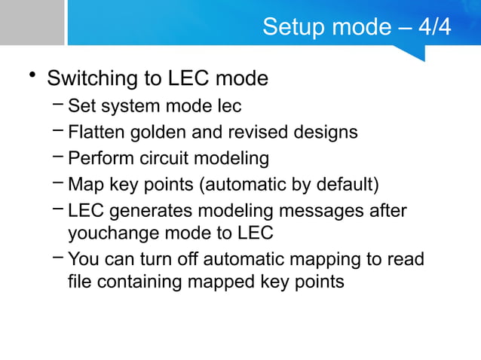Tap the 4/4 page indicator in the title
(x=435, y=28)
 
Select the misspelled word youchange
(x=113, y=233)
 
